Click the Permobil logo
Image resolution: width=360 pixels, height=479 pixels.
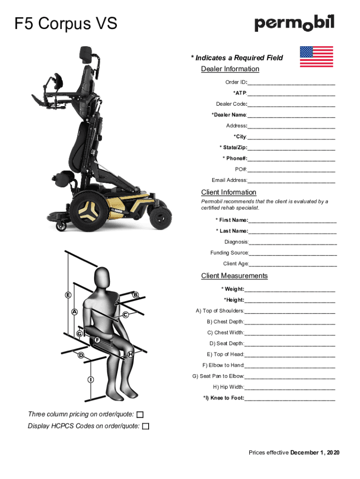click(294, 23)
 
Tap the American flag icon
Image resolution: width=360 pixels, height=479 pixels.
click(316, 57)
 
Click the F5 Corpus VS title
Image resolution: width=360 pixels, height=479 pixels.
click(66, 23)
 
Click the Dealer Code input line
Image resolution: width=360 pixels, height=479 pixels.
click(291, 104)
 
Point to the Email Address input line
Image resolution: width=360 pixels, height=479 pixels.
click(291, 181)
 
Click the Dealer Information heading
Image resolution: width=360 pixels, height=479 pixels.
click(230, 69)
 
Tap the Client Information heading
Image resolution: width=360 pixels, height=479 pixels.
click(229, 192)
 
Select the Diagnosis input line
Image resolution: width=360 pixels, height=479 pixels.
click(293, 242)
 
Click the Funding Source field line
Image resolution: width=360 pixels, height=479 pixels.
click(293, 253)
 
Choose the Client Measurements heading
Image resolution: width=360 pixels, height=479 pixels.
click(234, 276)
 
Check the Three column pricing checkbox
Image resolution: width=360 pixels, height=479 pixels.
click(140, 414)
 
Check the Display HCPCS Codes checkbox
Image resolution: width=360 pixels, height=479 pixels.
click(146, 426)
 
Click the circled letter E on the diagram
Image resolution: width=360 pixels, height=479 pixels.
click(68, 295)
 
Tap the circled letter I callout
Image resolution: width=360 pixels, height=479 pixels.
click(89, 379)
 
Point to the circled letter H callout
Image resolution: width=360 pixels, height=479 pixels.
click(131, 355)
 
